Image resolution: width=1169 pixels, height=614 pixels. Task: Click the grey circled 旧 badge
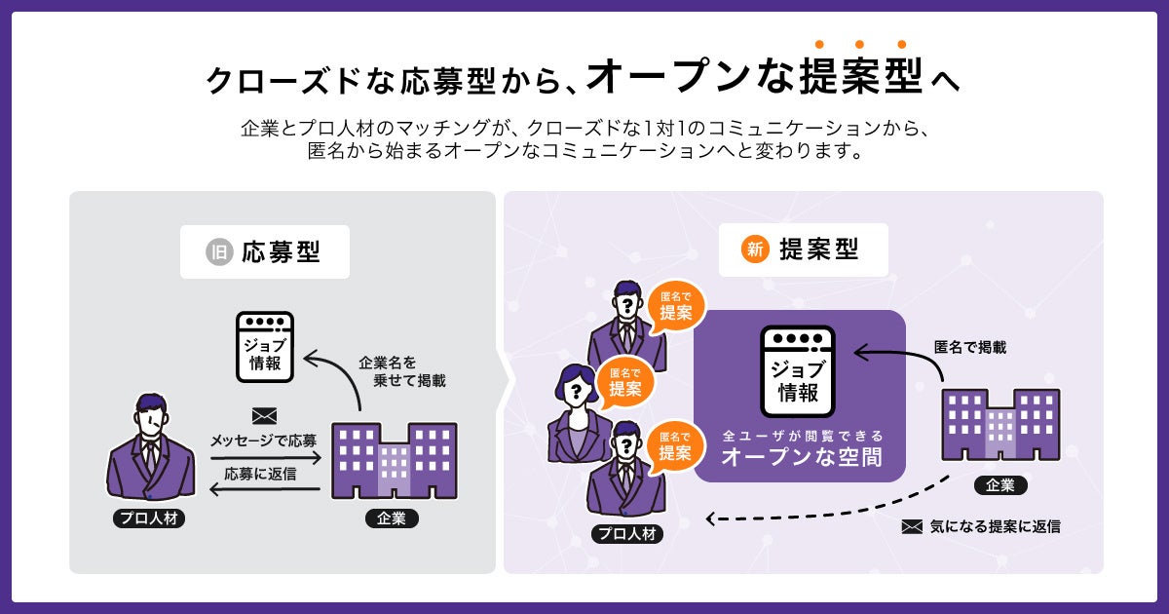tap(218, 251)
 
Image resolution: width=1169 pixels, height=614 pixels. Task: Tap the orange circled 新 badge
tap(754, 249)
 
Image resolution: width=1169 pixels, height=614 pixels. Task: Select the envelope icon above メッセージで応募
tap(264, 416)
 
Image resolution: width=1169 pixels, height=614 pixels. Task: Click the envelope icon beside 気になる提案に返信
tap(912, 526)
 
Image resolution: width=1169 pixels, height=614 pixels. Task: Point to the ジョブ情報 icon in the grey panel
tap(265, 348)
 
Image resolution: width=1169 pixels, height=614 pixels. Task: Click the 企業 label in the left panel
tap(392, 518)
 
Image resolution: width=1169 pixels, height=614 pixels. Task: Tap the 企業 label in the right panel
tap(1000, 484)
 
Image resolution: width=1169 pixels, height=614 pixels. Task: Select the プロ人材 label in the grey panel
tap(148, 518)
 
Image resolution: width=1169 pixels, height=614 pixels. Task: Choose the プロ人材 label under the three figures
tap(627, 533)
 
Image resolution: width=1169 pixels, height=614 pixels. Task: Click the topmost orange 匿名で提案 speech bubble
tap(676, 307)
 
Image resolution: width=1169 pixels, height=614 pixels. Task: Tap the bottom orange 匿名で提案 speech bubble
tap(675, 446)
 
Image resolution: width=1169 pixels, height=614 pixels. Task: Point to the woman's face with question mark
tap(577, 393)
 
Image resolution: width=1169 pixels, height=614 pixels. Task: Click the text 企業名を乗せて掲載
tap(401, 371)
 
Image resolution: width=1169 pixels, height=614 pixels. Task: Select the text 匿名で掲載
tap(969, 346)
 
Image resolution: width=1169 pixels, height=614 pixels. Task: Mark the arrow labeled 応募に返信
tap(265, 488)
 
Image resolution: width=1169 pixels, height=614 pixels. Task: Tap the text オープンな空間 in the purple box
tap(801, 457)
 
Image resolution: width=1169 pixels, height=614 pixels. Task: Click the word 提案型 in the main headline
tap(857, 76)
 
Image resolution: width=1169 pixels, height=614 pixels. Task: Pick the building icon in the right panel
tap(1000, 425)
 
